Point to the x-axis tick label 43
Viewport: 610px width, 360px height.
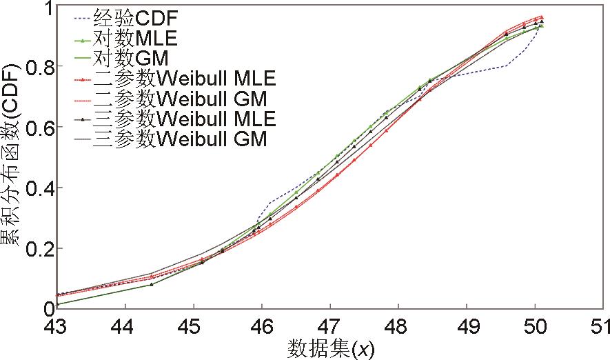[x=57, y=325]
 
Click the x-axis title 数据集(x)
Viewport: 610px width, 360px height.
[x=330, y=348]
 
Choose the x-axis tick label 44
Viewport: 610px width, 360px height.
[x=125, y=325]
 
